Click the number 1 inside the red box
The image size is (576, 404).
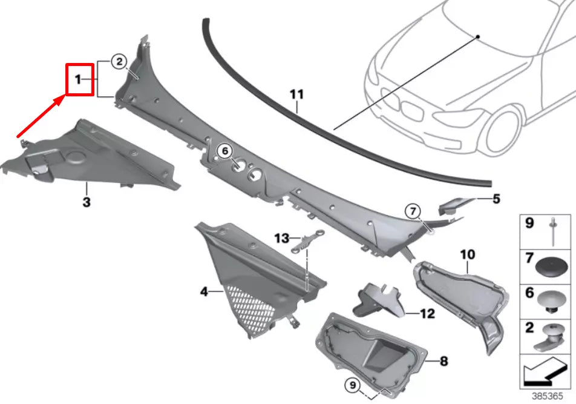point(77,79)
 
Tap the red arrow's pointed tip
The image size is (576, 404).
point(65,96)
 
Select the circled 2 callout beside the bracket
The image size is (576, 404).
point(119,61)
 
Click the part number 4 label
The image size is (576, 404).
point(204,292)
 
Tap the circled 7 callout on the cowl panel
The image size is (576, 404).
point(413,211)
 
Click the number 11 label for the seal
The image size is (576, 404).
point(296,94)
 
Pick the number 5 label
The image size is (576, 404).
point(496,198)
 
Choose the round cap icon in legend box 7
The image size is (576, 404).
point(553,264)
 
